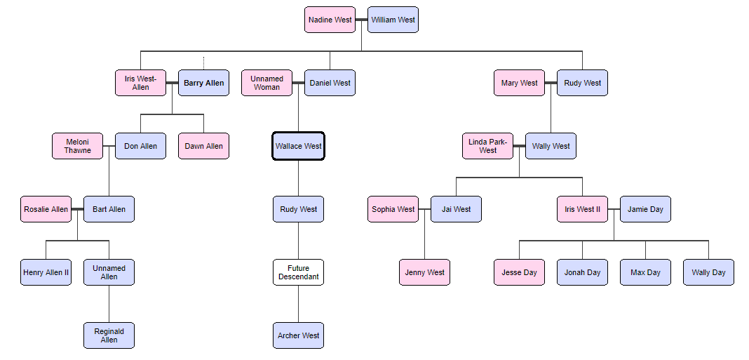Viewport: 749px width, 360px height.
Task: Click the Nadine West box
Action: [x=330, y=20]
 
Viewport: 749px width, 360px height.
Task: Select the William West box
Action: [x=393, y=20]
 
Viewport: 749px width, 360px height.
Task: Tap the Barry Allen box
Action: [x=203, y=83]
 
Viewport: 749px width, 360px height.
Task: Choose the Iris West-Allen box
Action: [x=140, y=83]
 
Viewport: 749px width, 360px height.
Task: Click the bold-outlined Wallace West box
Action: [x=298, y=146]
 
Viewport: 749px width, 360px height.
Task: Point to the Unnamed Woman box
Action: [x=266, y=83]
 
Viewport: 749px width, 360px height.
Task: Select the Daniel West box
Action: [x=330, y=83]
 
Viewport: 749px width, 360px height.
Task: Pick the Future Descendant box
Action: [x=298, y=272]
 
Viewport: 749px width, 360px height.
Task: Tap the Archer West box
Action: [x=298, y=335]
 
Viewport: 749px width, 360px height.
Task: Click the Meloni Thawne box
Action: [x=77, y=146]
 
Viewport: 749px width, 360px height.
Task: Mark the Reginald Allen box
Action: [x=109, y=335]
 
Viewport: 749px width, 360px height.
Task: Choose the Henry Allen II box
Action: [x=46, y=272]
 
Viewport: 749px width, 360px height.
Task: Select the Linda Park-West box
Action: [x=487, y=146]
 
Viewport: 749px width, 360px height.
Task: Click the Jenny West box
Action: [x=424, y=272]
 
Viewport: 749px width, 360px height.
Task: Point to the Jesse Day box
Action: [x=519, y=272]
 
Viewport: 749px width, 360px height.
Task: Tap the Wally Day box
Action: [x=708, y=272]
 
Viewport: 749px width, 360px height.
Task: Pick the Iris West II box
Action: [x=582, y=209]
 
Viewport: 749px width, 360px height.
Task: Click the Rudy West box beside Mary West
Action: [x=582, y=83]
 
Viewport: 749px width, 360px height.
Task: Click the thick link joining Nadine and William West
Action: [x=361, y=20]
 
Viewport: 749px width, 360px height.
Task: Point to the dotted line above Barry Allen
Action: [x=203, y=63]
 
